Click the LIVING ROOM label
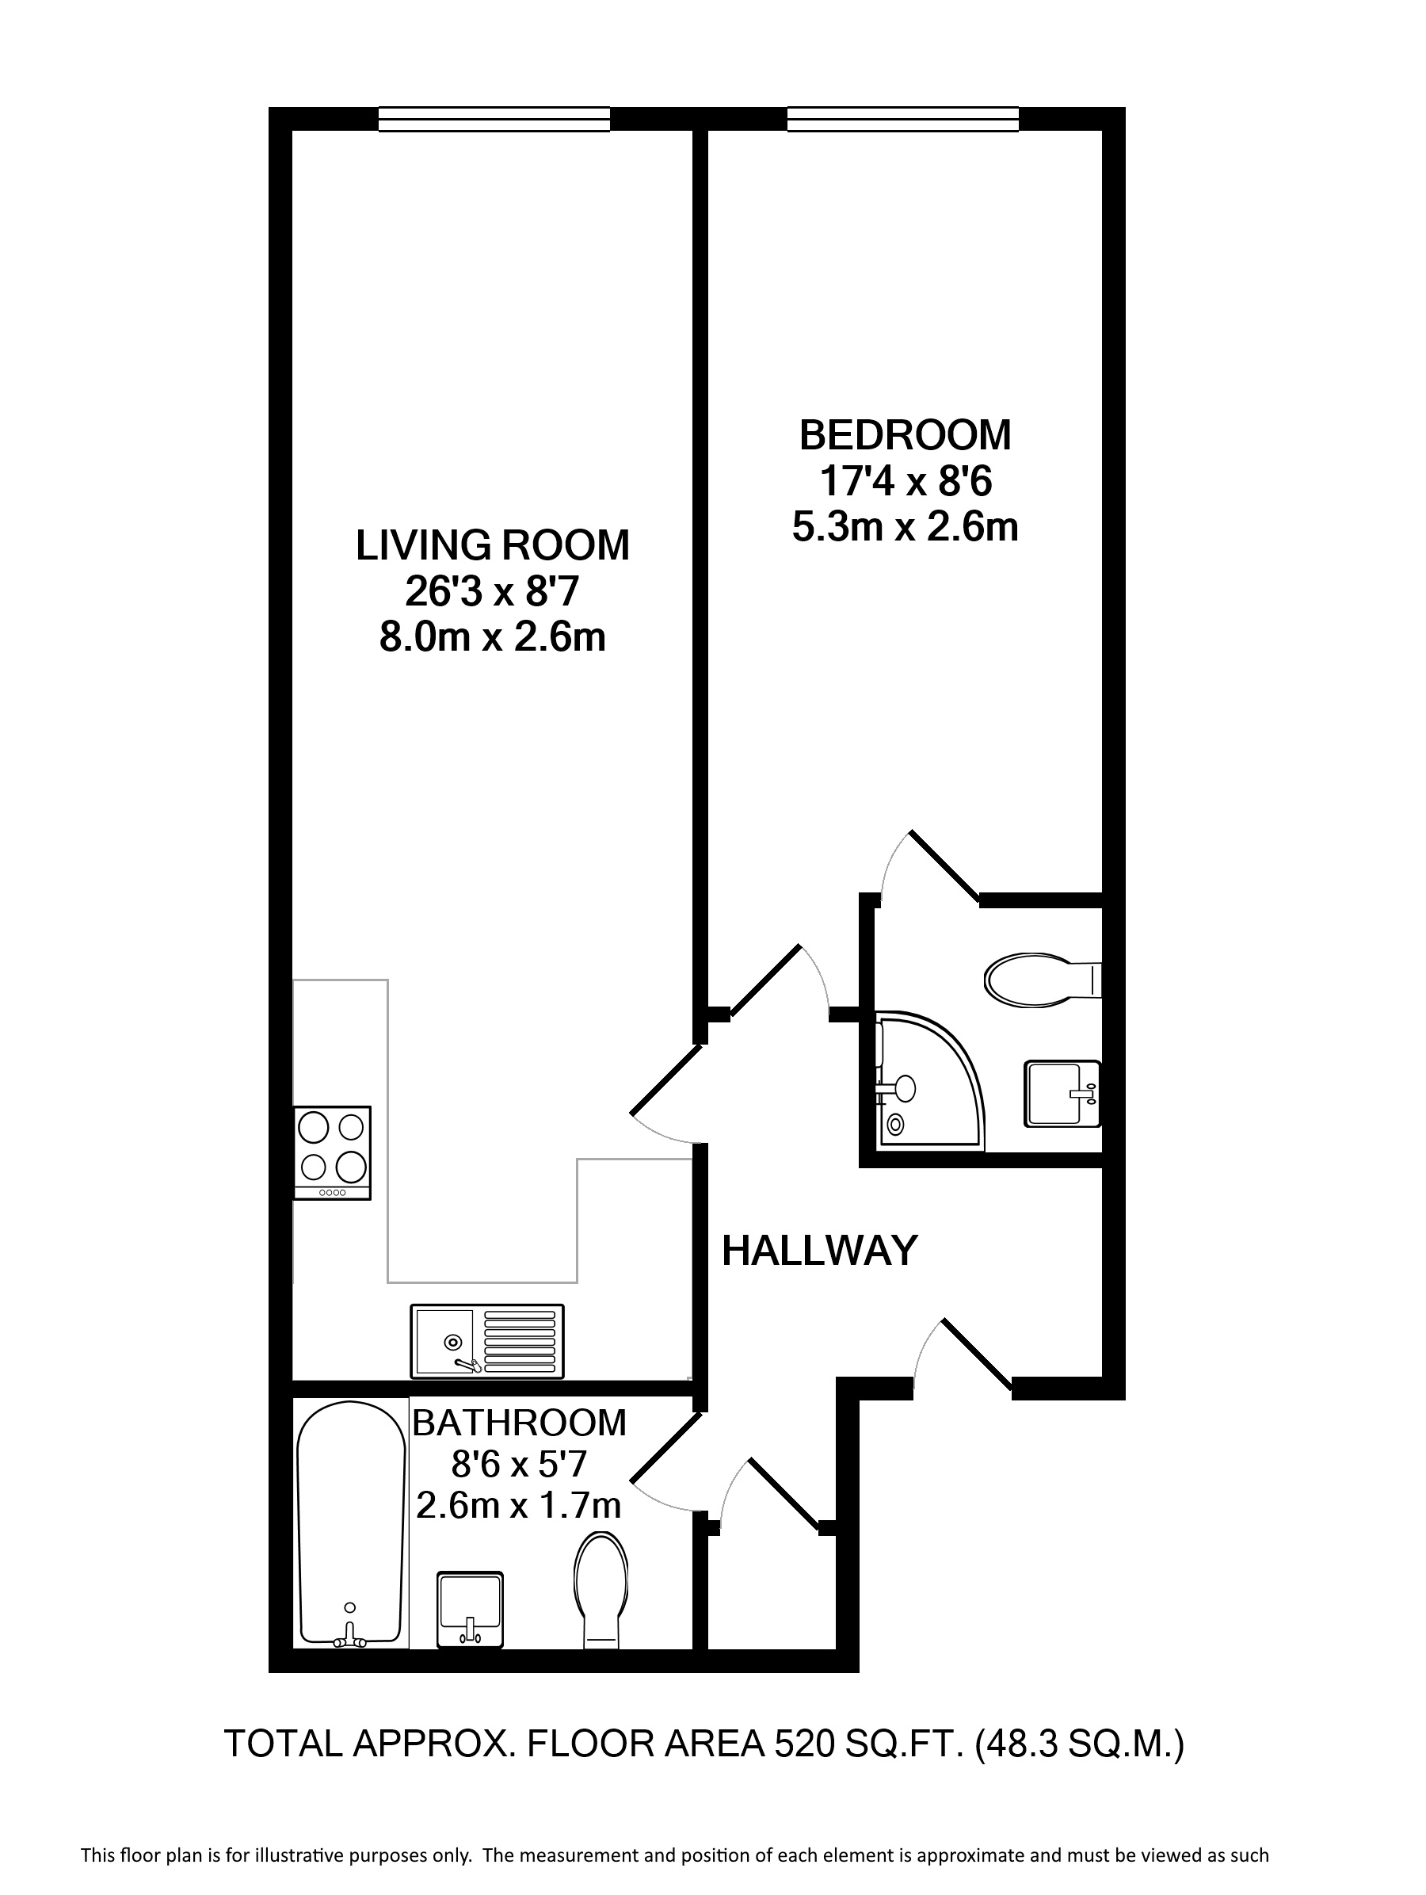pos(493,546)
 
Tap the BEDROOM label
pos(906,435)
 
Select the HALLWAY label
pos(820,1251)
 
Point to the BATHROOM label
pos(519,1423)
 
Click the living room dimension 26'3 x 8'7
pos(493,592)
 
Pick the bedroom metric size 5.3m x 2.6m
pos(906,527)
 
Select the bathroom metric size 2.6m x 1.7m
pos(518,1505)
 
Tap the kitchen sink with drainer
pos(487,1341)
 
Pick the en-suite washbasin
pos(1063,1094)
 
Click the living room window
pos(494,119)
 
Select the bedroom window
pos(902,119)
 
